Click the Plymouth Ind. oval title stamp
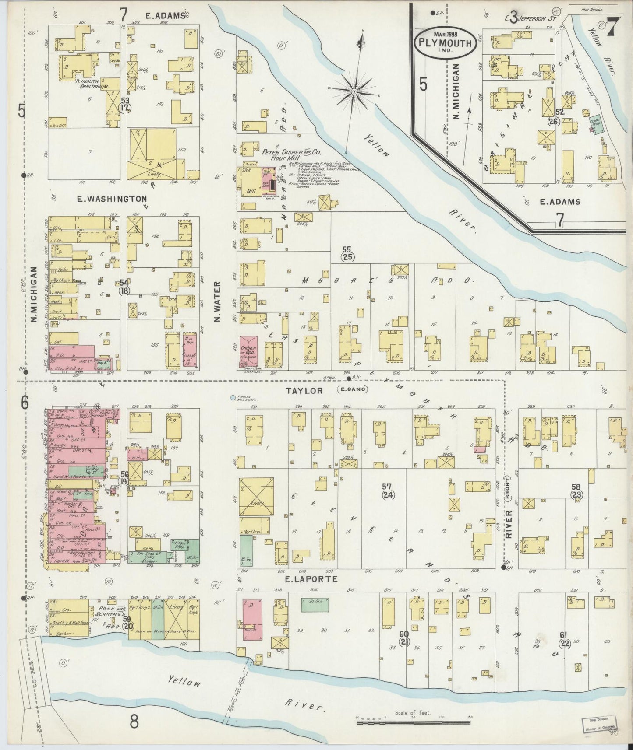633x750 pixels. pyautogui.click(x=444, y=43)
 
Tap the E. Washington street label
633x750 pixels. pyautogui.click(x=111, y=199)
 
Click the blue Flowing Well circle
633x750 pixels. pyautogui.click(x=233, y=398)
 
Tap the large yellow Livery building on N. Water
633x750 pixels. pyautogui.click(x=256, y=496)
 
